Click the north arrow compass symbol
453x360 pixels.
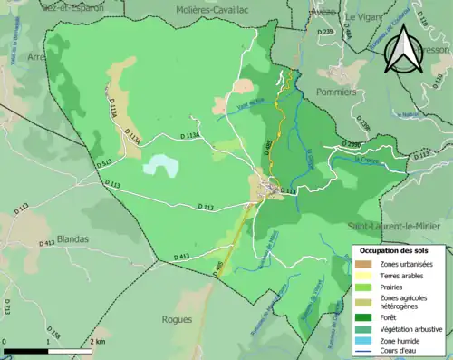click(400, 48)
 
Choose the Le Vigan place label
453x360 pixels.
click(360, 16)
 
